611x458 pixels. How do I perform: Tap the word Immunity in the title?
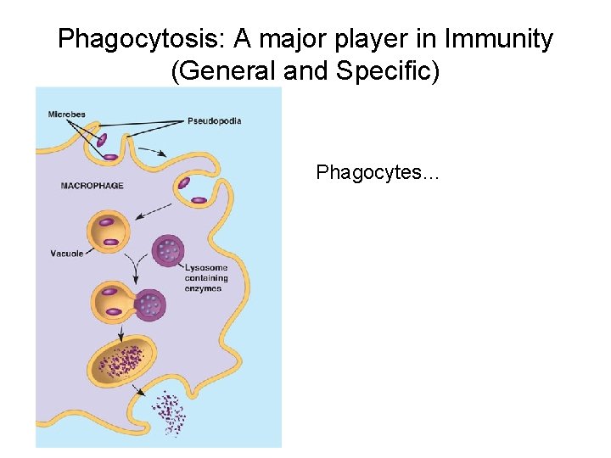pyautogui.click(x=502, y=39)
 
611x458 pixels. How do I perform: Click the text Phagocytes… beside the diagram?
pyautogui.click(x=377, y=173)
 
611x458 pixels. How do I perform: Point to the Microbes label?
pyautogui.click(x=67, y=114)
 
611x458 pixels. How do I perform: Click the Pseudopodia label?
pyautogui.click(x=214, y=121)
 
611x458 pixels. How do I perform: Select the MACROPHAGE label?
pyautogui.click(x=92, y=186)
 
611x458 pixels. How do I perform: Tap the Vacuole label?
pyautogui.click(x=67, y=254)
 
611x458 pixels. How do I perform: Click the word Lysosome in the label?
pyautogui.click(x=206, y=268)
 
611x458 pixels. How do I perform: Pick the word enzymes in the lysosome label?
pyautogui.click(x=203, y=288)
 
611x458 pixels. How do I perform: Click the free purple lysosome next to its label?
pyautogui.click(x=168, y=252)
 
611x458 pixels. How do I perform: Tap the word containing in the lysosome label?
pyautogui.click(x=207, y=278)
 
